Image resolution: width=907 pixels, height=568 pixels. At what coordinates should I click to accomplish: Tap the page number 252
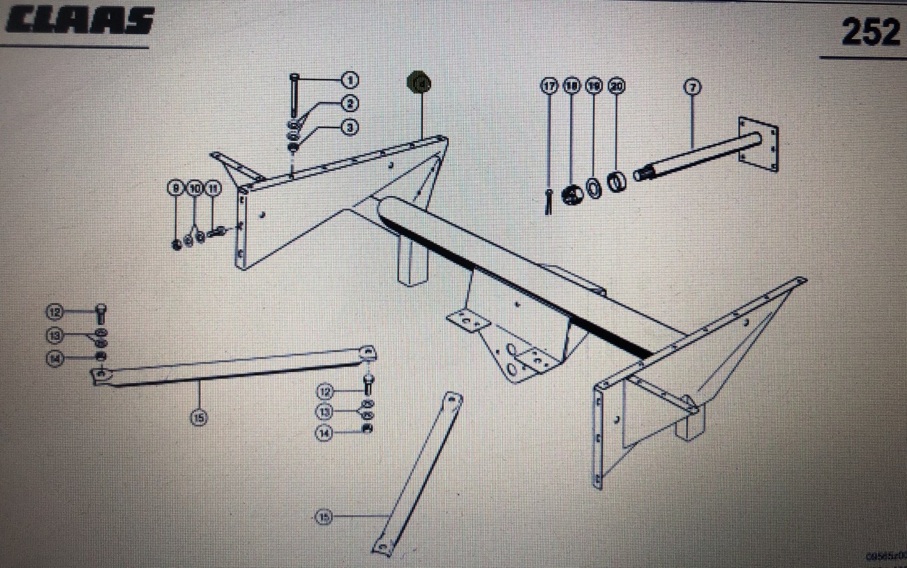pyautogui.click(x=870, y=31)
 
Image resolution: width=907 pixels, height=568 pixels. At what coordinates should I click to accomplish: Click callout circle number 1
pyautogui.click(x=350, y=80)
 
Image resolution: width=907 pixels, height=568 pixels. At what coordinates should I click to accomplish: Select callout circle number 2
pyautogui.click(x=350, y=103)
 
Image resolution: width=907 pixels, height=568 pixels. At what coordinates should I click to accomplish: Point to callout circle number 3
pyautogui.click(x=350, y=127)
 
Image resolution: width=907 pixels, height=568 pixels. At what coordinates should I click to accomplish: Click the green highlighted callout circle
pyautogui.click(x=419, y=83)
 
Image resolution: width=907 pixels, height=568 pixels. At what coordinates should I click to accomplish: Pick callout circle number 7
pyautogui.click(x=692, y=87)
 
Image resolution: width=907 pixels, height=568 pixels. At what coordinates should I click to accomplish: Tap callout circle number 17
pyautogui.click(x=549, y=87)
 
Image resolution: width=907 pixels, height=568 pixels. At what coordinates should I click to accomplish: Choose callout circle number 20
pyautogui.click(x=616, y=87)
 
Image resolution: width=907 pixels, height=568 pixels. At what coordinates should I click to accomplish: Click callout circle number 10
pyautogui.click(x=195, y=188)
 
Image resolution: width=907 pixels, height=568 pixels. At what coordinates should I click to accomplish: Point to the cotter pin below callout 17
pyautogui.click(x=550, y=203)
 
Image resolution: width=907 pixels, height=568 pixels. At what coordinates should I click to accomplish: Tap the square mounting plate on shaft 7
pyautogui.click(x=758, y=144)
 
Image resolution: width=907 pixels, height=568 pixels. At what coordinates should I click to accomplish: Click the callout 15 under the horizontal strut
pyautogui.click(x=199, y=417)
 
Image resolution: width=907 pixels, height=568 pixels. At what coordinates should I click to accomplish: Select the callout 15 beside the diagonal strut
pyautogui.click(x=323, y=516)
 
